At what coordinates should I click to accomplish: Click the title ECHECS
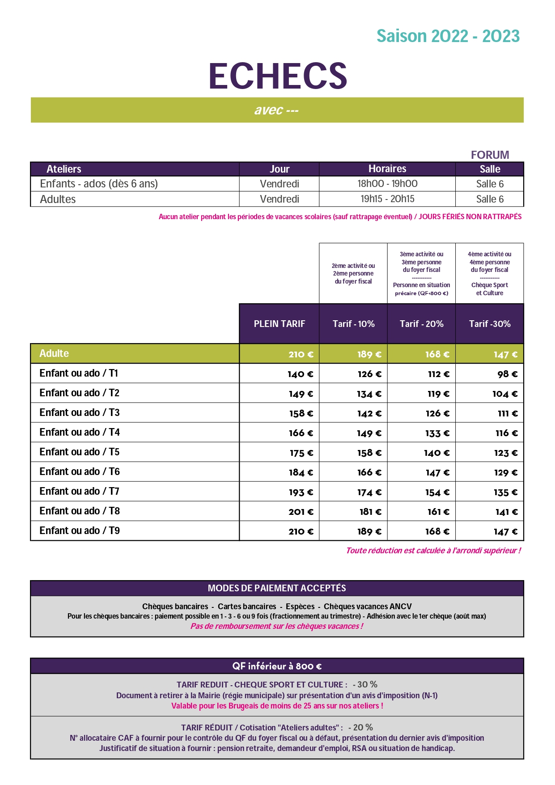tap(278, 76)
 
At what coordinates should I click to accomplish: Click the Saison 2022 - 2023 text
tap(448, 36)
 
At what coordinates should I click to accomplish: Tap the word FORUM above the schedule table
tap(490, 155)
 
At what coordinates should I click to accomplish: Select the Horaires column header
tap(387, 169)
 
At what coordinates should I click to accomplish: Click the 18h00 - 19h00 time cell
tap(387, 184)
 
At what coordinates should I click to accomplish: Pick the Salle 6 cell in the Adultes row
tap(490, 199)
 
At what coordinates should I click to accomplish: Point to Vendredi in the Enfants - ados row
tap(280, 184)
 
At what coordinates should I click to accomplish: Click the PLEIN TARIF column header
tap(280, 324)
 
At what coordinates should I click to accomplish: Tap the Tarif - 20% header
tap(421, 324)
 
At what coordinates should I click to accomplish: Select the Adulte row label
tap(54, 353)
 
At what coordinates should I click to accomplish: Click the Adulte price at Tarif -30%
tap(505, 355)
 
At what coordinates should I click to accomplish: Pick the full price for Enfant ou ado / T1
tap(300, 374)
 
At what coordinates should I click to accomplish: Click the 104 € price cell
tap(505, 394)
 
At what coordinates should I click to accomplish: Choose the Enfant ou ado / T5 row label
tap(80, 452)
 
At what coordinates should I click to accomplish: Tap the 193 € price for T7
tap(301, 492)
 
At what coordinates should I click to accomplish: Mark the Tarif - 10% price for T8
tap(370, 512)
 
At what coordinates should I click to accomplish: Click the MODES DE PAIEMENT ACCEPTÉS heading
tap(277, 588)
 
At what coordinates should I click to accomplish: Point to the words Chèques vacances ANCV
tap(368, 607)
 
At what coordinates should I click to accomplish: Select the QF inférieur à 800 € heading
tap(277, 666)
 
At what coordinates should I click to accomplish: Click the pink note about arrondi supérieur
tap(433, 551)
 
